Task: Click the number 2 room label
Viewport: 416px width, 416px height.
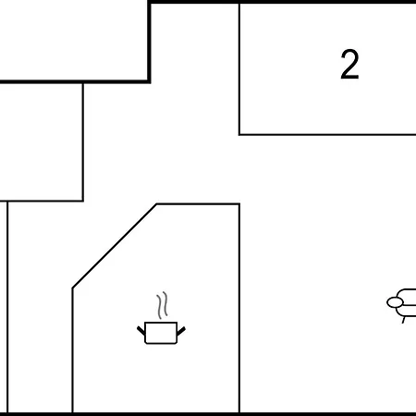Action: point(349,65)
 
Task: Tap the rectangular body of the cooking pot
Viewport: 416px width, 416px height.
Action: point(161,333)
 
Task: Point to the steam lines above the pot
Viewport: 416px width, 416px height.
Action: point(163,305)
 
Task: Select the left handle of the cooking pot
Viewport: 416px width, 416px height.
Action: point(141,331)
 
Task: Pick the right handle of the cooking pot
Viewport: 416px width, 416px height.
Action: point(181,331)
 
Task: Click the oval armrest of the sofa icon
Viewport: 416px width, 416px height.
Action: point(395,302)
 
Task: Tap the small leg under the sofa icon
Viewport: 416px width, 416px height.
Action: point(404,320)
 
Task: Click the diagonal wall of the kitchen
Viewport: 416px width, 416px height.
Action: point(115,246)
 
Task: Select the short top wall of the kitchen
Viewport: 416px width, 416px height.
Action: point(198,204)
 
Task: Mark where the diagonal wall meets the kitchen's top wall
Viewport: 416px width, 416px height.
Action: point(156,204)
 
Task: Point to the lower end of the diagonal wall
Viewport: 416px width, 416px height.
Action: point(72,288)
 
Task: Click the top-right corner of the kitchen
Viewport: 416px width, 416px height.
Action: point(239,204)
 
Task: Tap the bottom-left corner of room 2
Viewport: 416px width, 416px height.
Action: point(239,135)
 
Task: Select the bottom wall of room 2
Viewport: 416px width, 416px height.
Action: point(327,135)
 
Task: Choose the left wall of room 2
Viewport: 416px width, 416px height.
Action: point(239,69)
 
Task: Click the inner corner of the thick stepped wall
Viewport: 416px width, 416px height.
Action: point(149,81)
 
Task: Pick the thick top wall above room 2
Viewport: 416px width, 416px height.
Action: point(282,2)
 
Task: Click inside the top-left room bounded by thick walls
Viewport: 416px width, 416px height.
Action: point(73,40)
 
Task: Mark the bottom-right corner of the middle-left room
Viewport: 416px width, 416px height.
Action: point(83,201)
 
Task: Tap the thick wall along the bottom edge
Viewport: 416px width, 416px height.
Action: point(208,414)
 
